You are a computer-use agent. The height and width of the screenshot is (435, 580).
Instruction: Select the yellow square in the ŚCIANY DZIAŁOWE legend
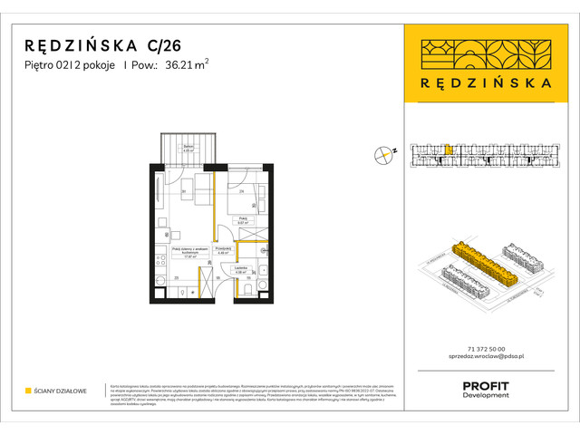[28, 391]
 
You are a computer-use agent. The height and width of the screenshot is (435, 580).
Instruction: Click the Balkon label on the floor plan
[188, 149]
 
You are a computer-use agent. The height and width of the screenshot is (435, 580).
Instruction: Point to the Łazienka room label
[242, 269]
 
